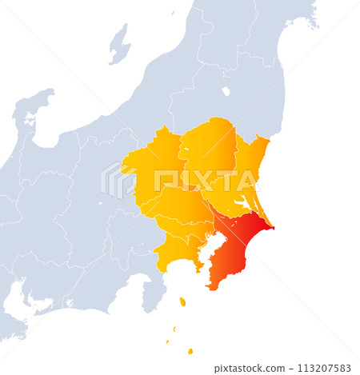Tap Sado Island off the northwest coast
pos(120,44)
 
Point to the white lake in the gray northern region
pos(226,91)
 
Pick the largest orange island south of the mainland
pos(182,301)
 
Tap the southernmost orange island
pos(190,351)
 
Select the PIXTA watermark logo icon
pos(118,181)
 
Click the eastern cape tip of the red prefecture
pos(272,228)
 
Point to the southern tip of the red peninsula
pos(210,287)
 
